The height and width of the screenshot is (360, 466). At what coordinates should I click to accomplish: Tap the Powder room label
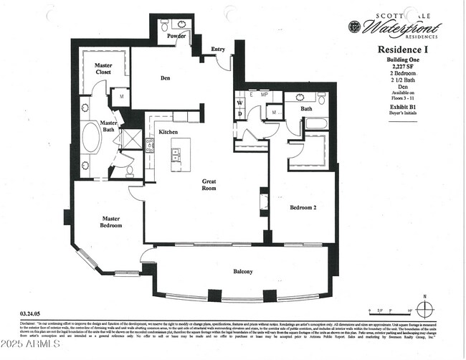coord(176,35)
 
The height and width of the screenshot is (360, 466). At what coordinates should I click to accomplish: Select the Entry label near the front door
coord(218,49)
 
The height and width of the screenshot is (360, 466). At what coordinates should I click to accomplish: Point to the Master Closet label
coord(103,70)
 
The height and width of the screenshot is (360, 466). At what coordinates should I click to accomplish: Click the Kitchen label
coord(168,132)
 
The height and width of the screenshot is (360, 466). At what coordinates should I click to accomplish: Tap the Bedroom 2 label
coord(303,207)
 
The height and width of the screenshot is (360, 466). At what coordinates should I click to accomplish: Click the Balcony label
coord(242,272)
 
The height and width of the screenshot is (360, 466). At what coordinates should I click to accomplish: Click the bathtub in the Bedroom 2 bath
coord(316,124)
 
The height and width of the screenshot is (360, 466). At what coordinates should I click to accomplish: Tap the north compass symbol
coord(425,309)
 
